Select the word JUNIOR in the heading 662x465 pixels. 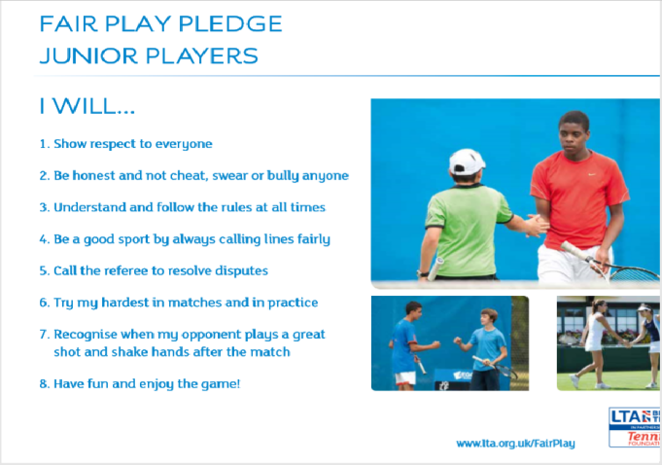[x=88, y=55]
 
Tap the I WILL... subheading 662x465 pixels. [x=87, y=106]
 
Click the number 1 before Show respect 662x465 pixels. [x=43, y=144]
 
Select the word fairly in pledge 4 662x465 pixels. [x=314, y=239]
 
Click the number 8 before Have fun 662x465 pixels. [x=43, y=384]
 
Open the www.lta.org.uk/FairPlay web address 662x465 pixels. [x=515, y=444]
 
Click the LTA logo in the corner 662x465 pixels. [x=634, y=427]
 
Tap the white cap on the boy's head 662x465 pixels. [x=467, y=161]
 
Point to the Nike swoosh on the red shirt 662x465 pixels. [x=592, y=174]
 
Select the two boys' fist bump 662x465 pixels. [x=446, y=342]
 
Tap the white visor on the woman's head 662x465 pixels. [x=645, y=308]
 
